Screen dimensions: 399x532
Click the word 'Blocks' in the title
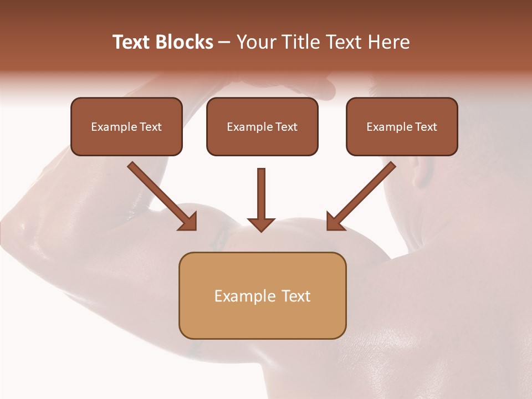click(184, 42)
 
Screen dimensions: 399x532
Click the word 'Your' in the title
click(257, 42)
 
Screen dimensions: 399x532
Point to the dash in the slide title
click(225, 43)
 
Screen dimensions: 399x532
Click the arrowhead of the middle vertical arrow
click(261, 224)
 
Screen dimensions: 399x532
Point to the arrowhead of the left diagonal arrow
click(188, 222)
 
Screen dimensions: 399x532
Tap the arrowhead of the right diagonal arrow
click(335, 222)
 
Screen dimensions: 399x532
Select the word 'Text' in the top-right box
click(426, 127)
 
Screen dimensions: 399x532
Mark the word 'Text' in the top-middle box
click(286, 127)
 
